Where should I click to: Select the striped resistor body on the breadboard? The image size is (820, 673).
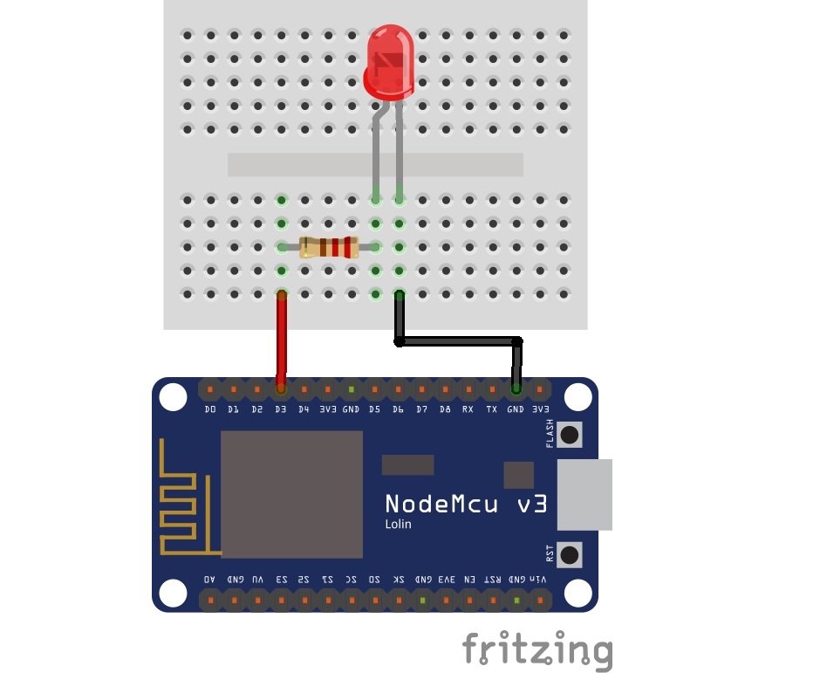point(328,247)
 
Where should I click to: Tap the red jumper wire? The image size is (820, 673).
point(281,340)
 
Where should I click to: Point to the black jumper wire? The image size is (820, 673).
point(458,341)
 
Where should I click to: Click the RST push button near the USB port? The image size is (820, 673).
point(570,553)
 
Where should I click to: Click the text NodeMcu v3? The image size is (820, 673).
point(466,504)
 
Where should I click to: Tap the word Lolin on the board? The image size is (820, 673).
point(399,525)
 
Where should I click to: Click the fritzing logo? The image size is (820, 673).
point(536,650)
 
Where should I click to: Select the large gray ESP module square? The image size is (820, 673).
point(291,493)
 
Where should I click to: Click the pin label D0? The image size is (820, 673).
point(209,409)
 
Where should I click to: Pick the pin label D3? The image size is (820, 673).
point(280,409)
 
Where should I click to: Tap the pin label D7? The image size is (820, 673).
point(421,409)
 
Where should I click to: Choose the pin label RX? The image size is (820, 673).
point(468,409)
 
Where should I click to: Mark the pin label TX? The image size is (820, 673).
point(492,409)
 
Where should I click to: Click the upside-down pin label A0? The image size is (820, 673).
point(209,579)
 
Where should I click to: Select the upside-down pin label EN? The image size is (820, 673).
point(469,579)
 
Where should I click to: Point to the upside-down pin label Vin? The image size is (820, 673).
point(540,579)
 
